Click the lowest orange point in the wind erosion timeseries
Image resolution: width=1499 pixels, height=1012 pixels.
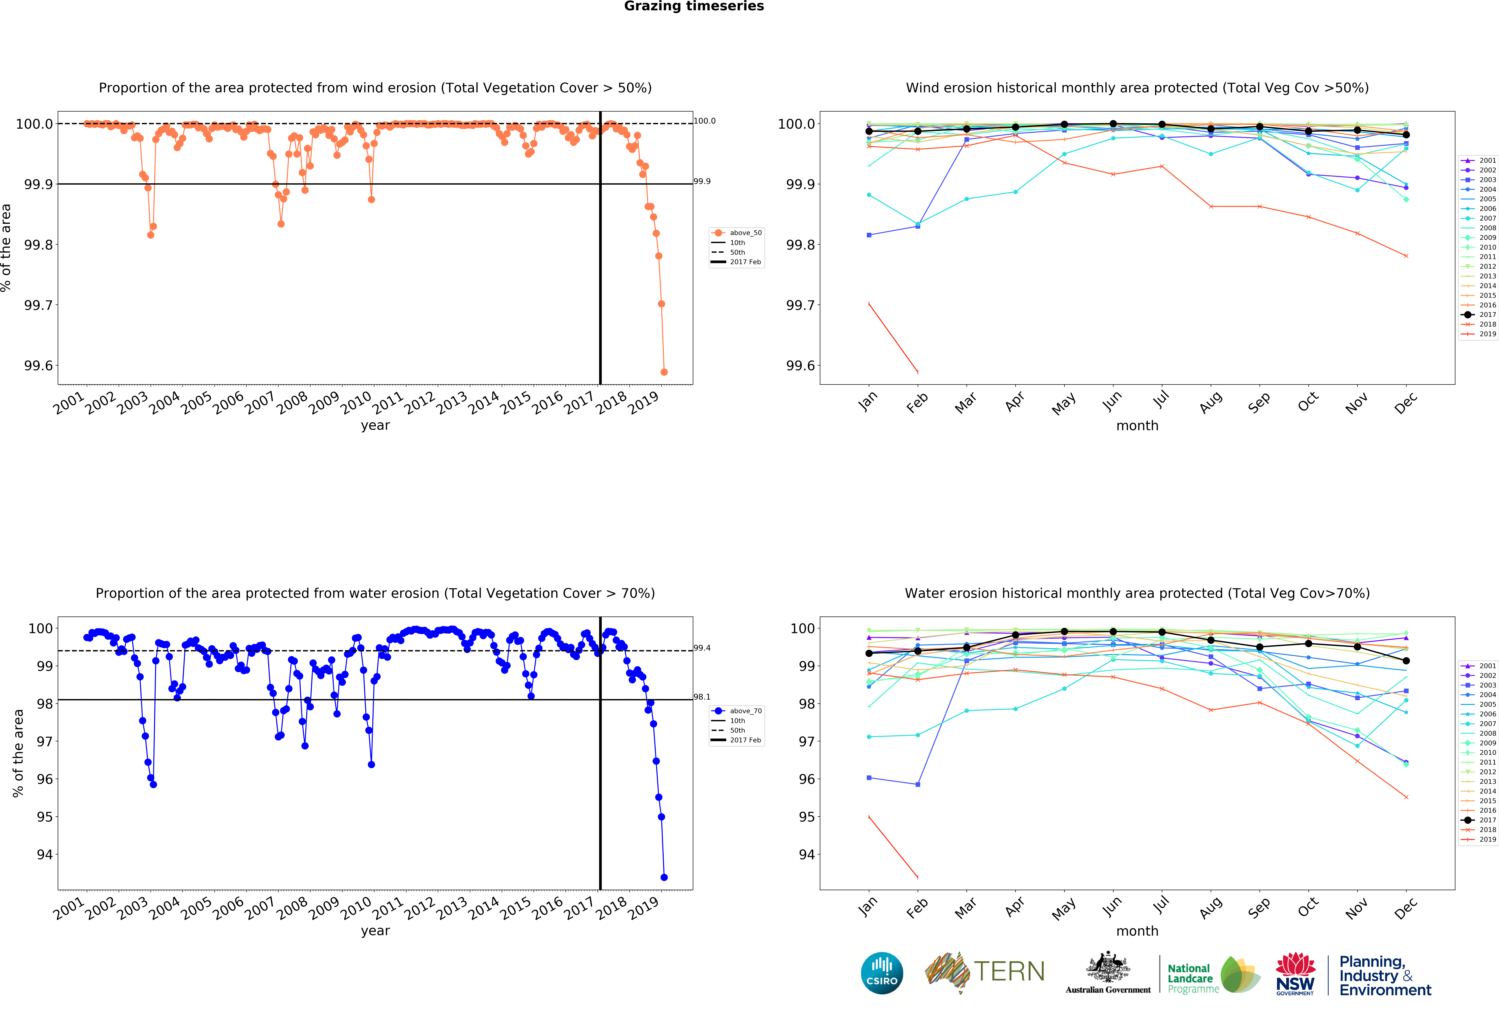point(664,372)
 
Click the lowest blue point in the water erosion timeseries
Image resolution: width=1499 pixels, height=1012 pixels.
point(664,877)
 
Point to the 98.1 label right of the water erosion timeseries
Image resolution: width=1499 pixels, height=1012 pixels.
point(702,697)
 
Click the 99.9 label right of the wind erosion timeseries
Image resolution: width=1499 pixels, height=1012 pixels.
point(702,181)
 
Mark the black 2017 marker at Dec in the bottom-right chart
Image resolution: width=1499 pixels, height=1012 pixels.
point(1406,661)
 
